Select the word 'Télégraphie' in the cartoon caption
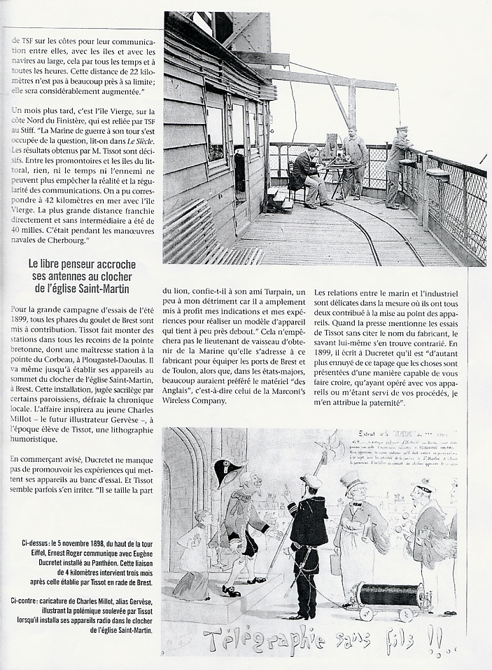(262, 638)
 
